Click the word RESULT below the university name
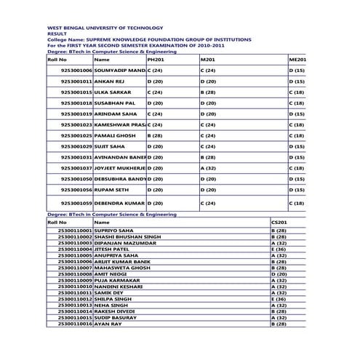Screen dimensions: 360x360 tap(57, 33)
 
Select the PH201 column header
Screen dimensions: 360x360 tap(156, 59)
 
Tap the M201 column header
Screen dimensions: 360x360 tap(207, 59)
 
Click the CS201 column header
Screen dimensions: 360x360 tap(279, 222)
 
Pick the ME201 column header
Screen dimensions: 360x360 tap(297, 59)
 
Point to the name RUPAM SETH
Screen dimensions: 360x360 tap(113, 189)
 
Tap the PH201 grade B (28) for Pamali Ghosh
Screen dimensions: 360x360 tap(155, 135)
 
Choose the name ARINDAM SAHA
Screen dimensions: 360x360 tap(116, 114)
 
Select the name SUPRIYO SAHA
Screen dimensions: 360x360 tap(113, 231)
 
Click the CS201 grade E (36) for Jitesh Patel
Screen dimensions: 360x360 tap(279, 249)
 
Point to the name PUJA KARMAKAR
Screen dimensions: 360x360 tap(117, 280)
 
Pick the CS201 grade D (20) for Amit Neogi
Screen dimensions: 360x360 tap(279, 274)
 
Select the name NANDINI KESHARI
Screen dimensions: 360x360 tap(119, 287)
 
